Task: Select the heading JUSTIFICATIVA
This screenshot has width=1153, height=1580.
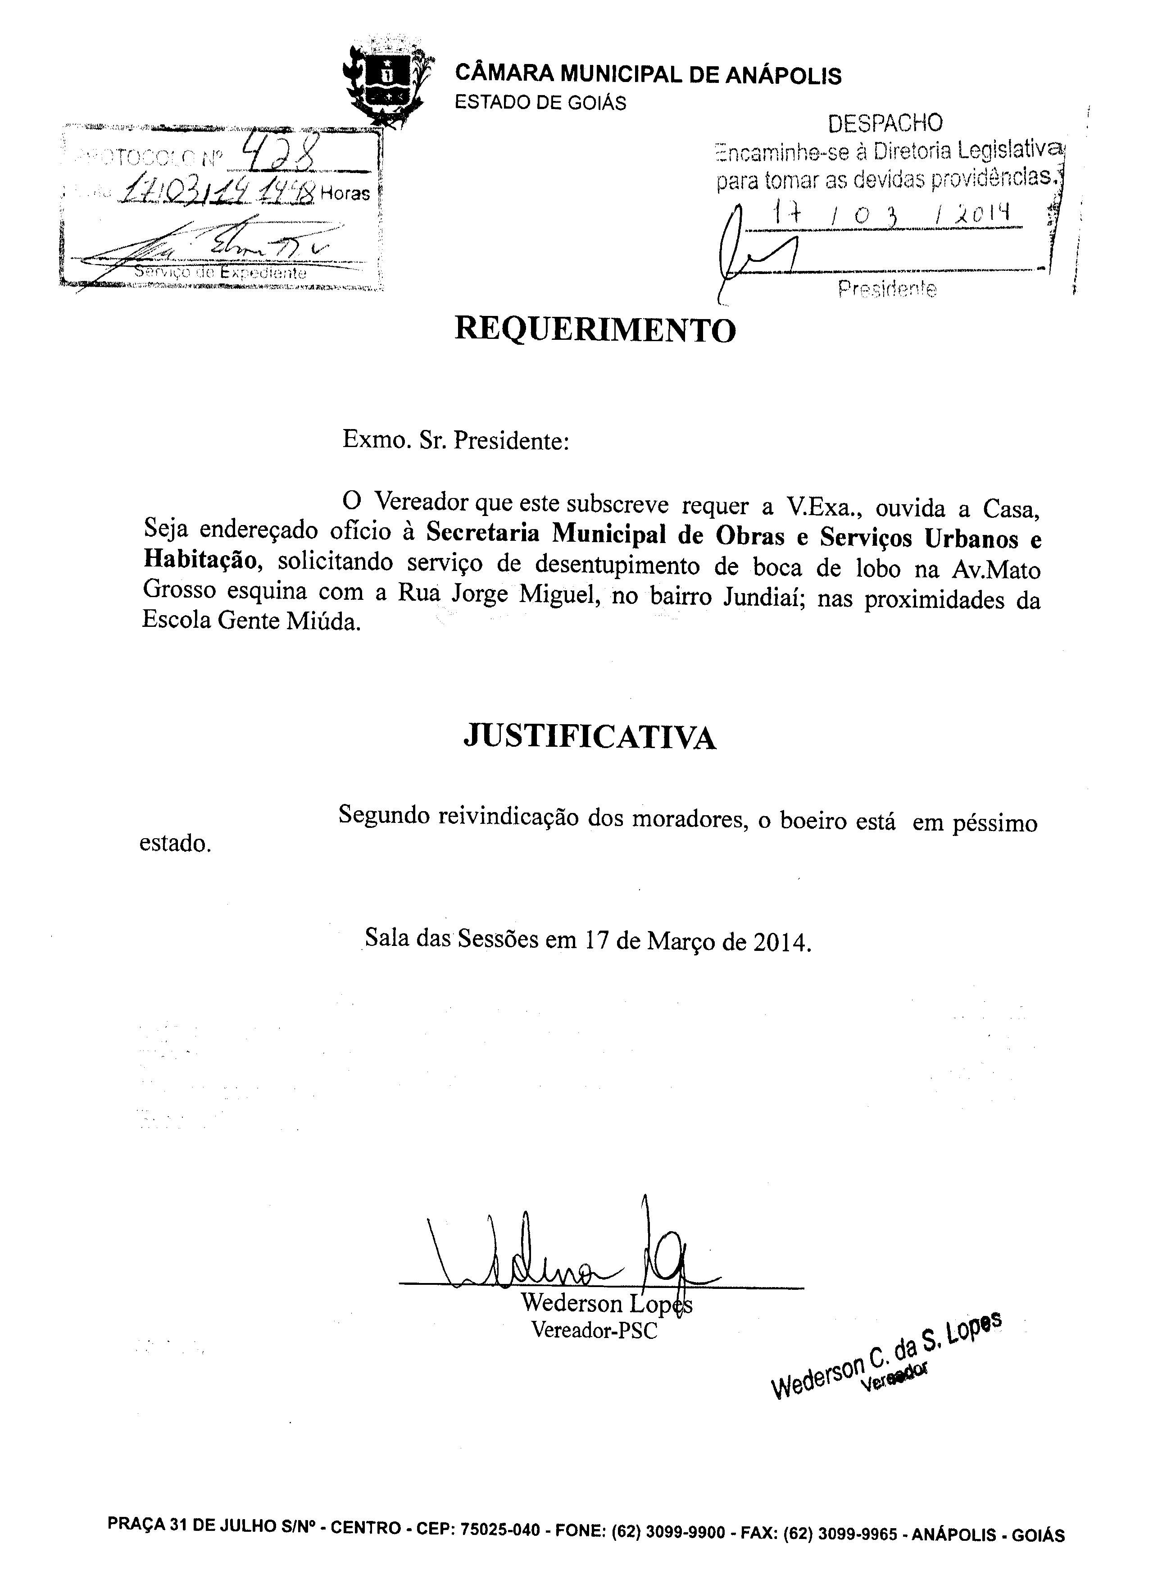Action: pyautogui.click(x=590, y=736)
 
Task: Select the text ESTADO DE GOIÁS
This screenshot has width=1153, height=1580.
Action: pyautogui.click(x=540, y=103)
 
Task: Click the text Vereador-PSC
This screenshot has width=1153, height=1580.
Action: pyautogui.click(x=594, y=1329)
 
